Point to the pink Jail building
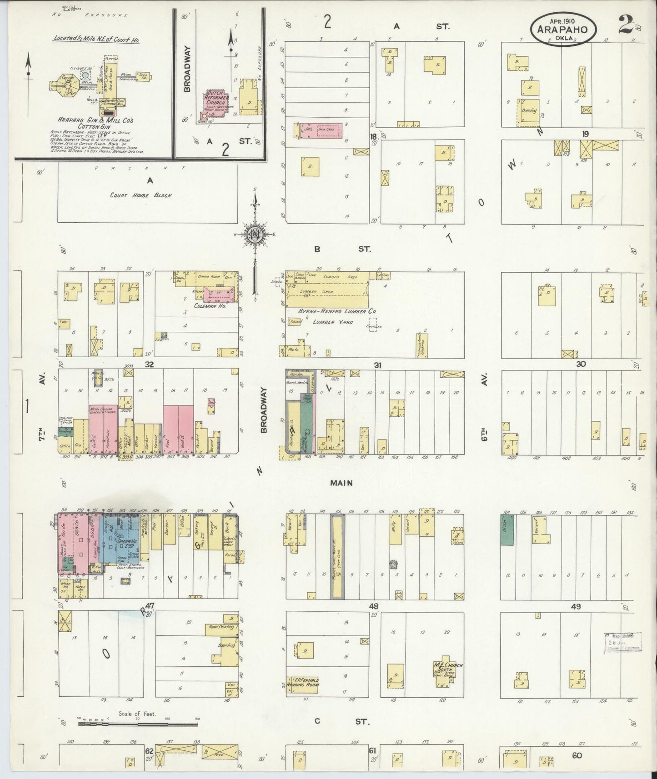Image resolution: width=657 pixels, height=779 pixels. coord(319,131)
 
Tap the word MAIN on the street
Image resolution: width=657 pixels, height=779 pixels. coord(341,483)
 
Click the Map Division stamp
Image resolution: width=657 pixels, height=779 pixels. coord(622,642)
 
